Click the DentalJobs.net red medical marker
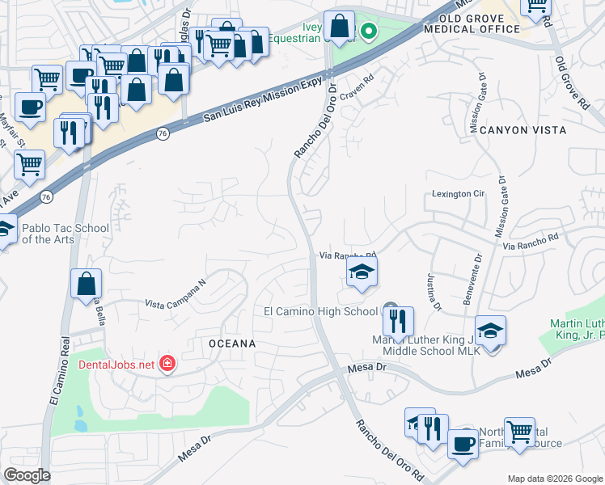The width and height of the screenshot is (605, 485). point(167,365)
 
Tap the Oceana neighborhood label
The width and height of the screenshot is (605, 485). point(232,344)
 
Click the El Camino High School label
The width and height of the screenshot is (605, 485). point(320,311)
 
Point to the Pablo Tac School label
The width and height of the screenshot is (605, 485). point(65,234)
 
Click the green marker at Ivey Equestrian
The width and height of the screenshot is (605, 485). point(369,32)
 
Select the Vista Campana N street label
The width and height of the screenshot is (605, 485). point(176,299)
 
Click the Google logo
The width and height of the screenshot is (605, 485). point(27,475)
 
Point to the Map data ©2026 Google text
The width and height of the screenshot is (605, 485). point(554,479)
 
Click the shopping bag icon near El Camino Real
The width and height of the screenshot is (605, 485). point(86,285)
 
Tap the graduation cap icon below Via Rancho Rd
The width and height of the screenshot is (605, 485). point(362,272)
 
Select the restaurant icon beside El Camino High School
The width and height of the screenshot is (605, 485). point(398,322)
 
